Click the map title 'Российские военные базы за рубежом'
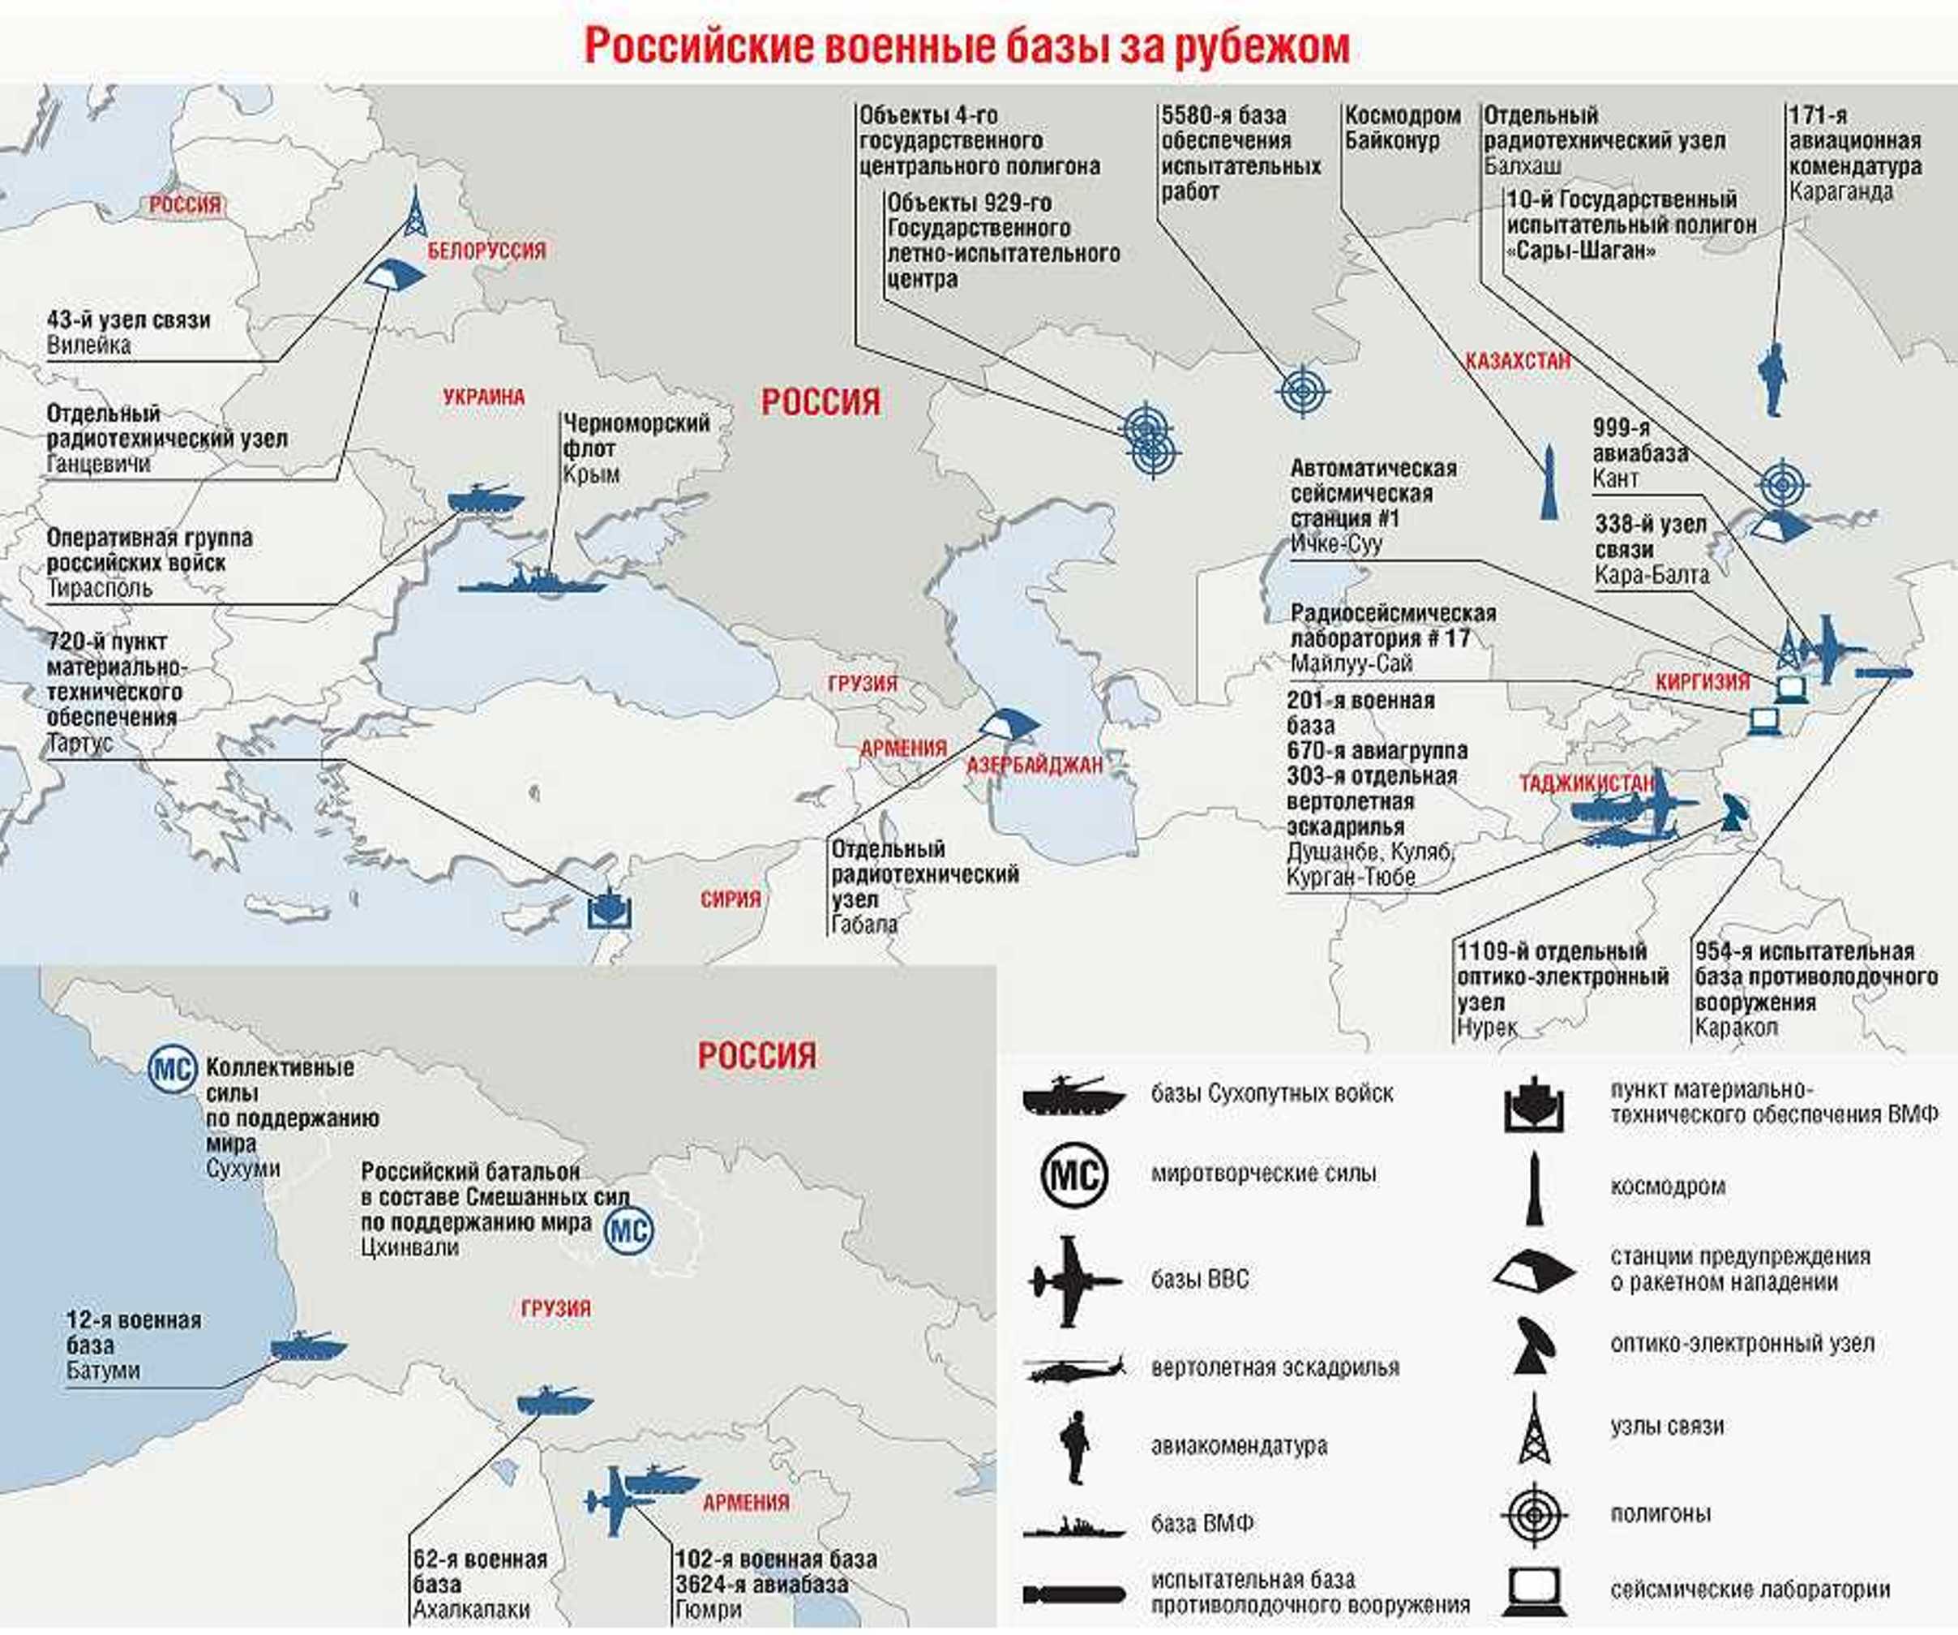(x=967, y=47)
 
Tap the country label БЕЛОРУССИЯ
(x=486, y=250)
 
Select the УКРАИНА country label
(x=484, y=397)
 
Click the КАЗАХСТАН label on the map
(x=1517, y=361)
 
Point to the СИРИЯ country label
(x=730, y=899)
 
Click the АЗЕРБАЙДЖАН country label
(x=1034, y=766)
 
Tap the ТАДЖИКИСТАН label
(x=1586, y=783)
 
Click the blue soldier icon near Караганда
(x=1772, y=379)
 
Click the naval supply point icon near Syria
(x=611, y=907)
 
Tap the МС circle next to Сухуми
(x=173, y=1069)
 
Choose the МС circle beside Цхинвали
(x=628, y=1231)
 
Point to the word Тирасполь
(x=99, y=589)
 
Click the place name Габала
(x=864, y=925)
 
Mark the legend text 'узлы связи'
(x=1666, y=1426)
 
